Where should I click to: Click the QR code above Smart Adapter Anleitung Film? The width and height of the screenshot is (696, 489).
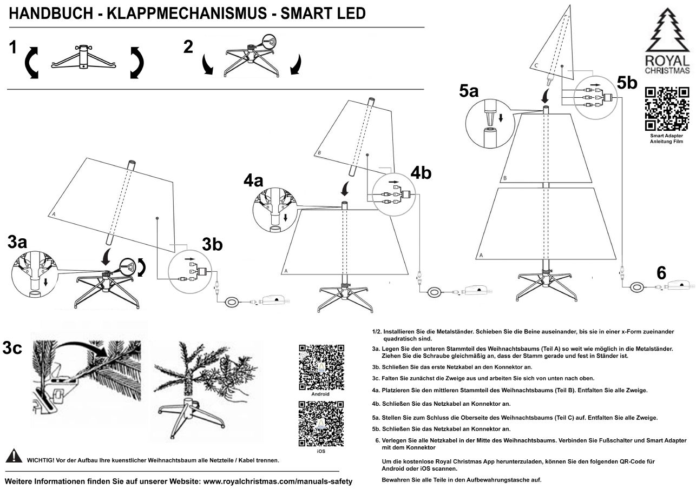coord(667,109)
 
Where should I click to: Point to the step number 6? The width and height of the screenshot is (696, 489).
coord(661,273)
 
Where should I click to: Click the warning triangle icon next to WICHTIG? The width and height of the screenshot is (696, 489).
coord(14,457)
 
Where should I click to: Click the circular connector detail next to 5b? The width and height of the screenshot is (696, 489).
coord(594,97)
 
